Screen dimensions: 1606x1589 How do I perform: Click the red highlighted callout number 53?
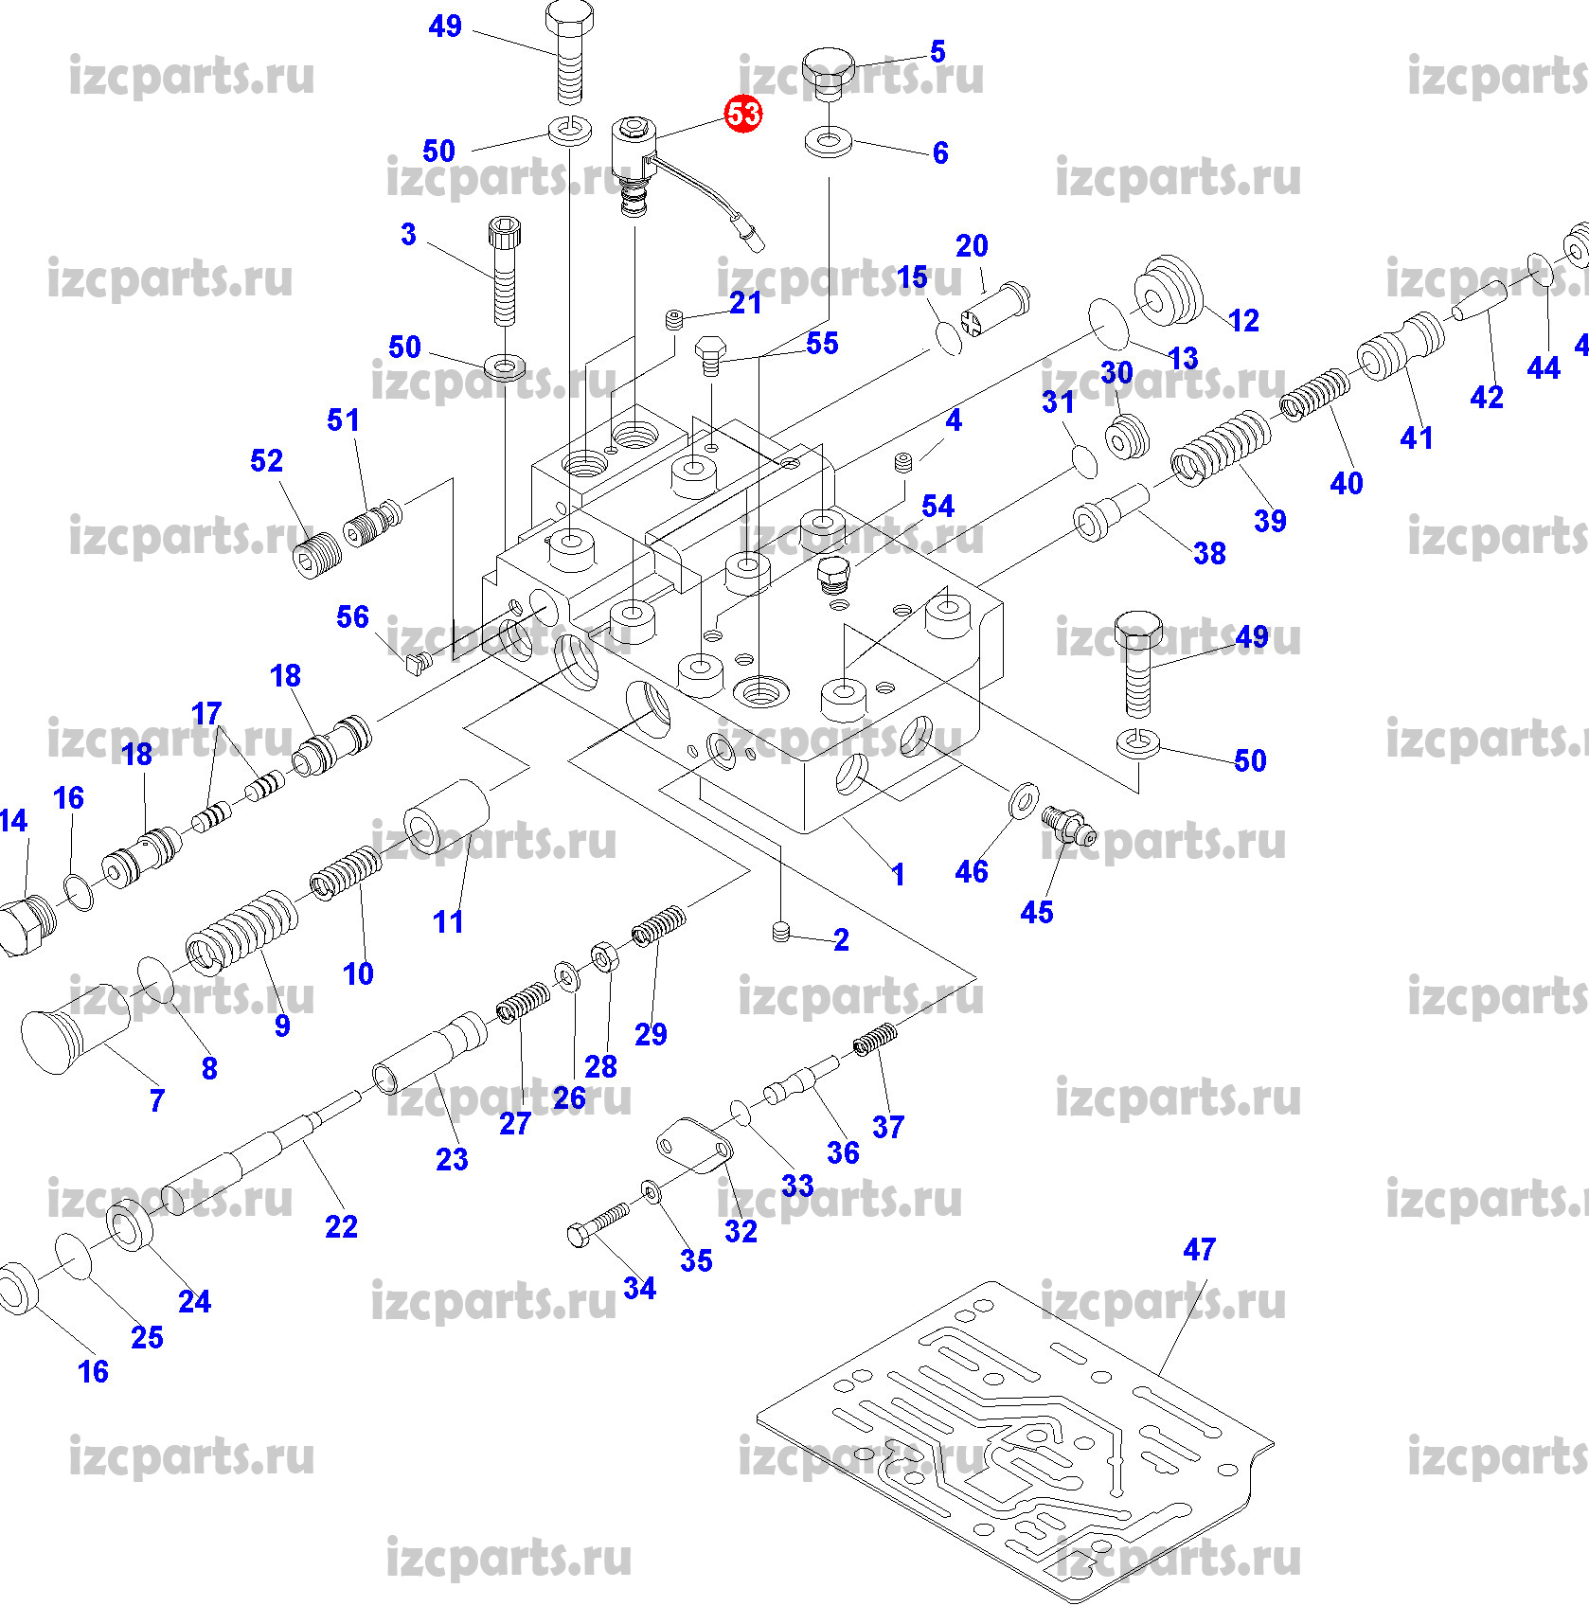743,115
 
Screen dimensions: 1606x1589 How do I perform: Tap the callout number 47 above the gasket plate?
1199,1250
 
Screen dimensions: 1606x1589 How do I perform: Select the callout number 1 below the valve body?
898,874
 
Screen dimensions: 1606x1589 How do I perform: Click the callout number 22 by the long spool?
341,1227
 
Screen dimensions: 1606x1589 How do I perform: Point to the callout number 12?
1243,321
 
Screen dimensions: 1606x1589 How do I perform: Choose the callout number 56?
352,617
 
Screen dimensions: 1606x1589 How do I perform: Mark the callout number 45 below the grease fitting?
1037,912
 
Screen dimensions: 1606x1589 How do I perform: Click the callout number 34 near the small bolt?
639,1288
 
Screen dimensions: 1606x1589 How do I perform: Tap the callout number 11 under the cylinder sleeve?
448,921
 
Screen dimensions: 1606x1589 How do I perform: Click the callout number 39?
1270,521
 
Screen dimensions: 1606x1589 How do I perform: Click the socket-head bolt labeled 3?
505,270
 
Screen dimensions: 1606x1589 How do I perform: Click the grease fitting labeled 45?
1067,824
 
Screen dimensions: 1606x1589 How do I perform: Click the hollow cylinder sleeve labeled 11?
447,815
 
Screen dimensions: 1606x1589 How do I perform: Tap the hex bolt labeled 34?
598,1224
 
